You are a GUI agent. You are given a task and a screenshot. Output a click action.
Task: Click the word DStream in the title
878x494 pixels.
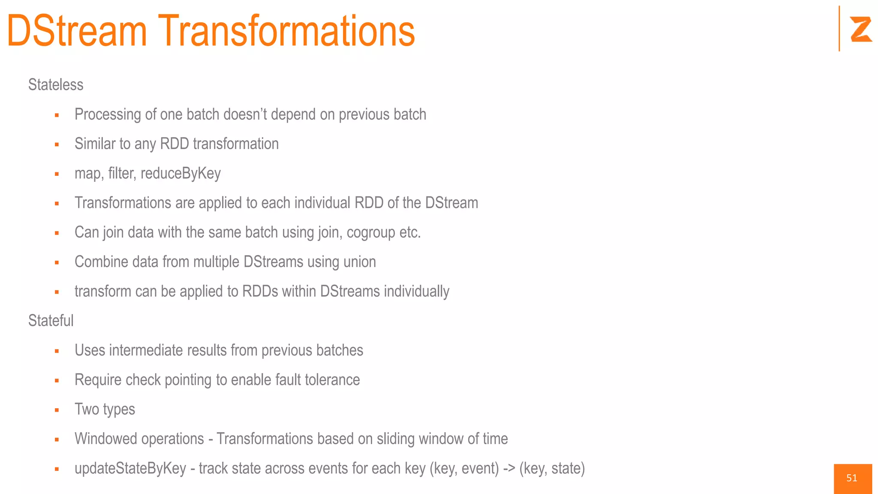(x=77, y=31)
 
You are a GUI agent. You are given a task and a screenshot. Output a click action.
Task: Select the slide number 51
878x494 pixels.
(x=852, y=478)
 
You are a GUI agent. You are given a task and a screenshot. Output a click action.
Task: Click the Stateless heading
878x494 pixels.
(x=56, y=85)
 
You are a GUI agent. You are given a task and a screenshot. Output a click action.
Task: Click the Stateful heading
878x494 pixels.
(x=51, y=321)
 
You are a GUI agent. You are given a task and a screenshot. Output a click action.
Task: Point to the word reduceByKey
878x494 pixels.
(x=180, y=174)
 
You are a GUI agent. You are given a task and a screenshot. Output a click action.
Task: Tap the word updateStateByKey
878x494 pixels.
(x=130, y=469)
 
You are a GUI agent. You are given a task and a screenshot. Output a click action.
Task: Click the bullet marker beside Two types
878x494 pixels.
(x=57, y=410)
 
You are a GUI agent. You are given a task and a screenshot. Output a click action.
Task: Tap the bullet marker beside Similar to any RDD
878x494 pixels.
(x=57, y=145)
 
